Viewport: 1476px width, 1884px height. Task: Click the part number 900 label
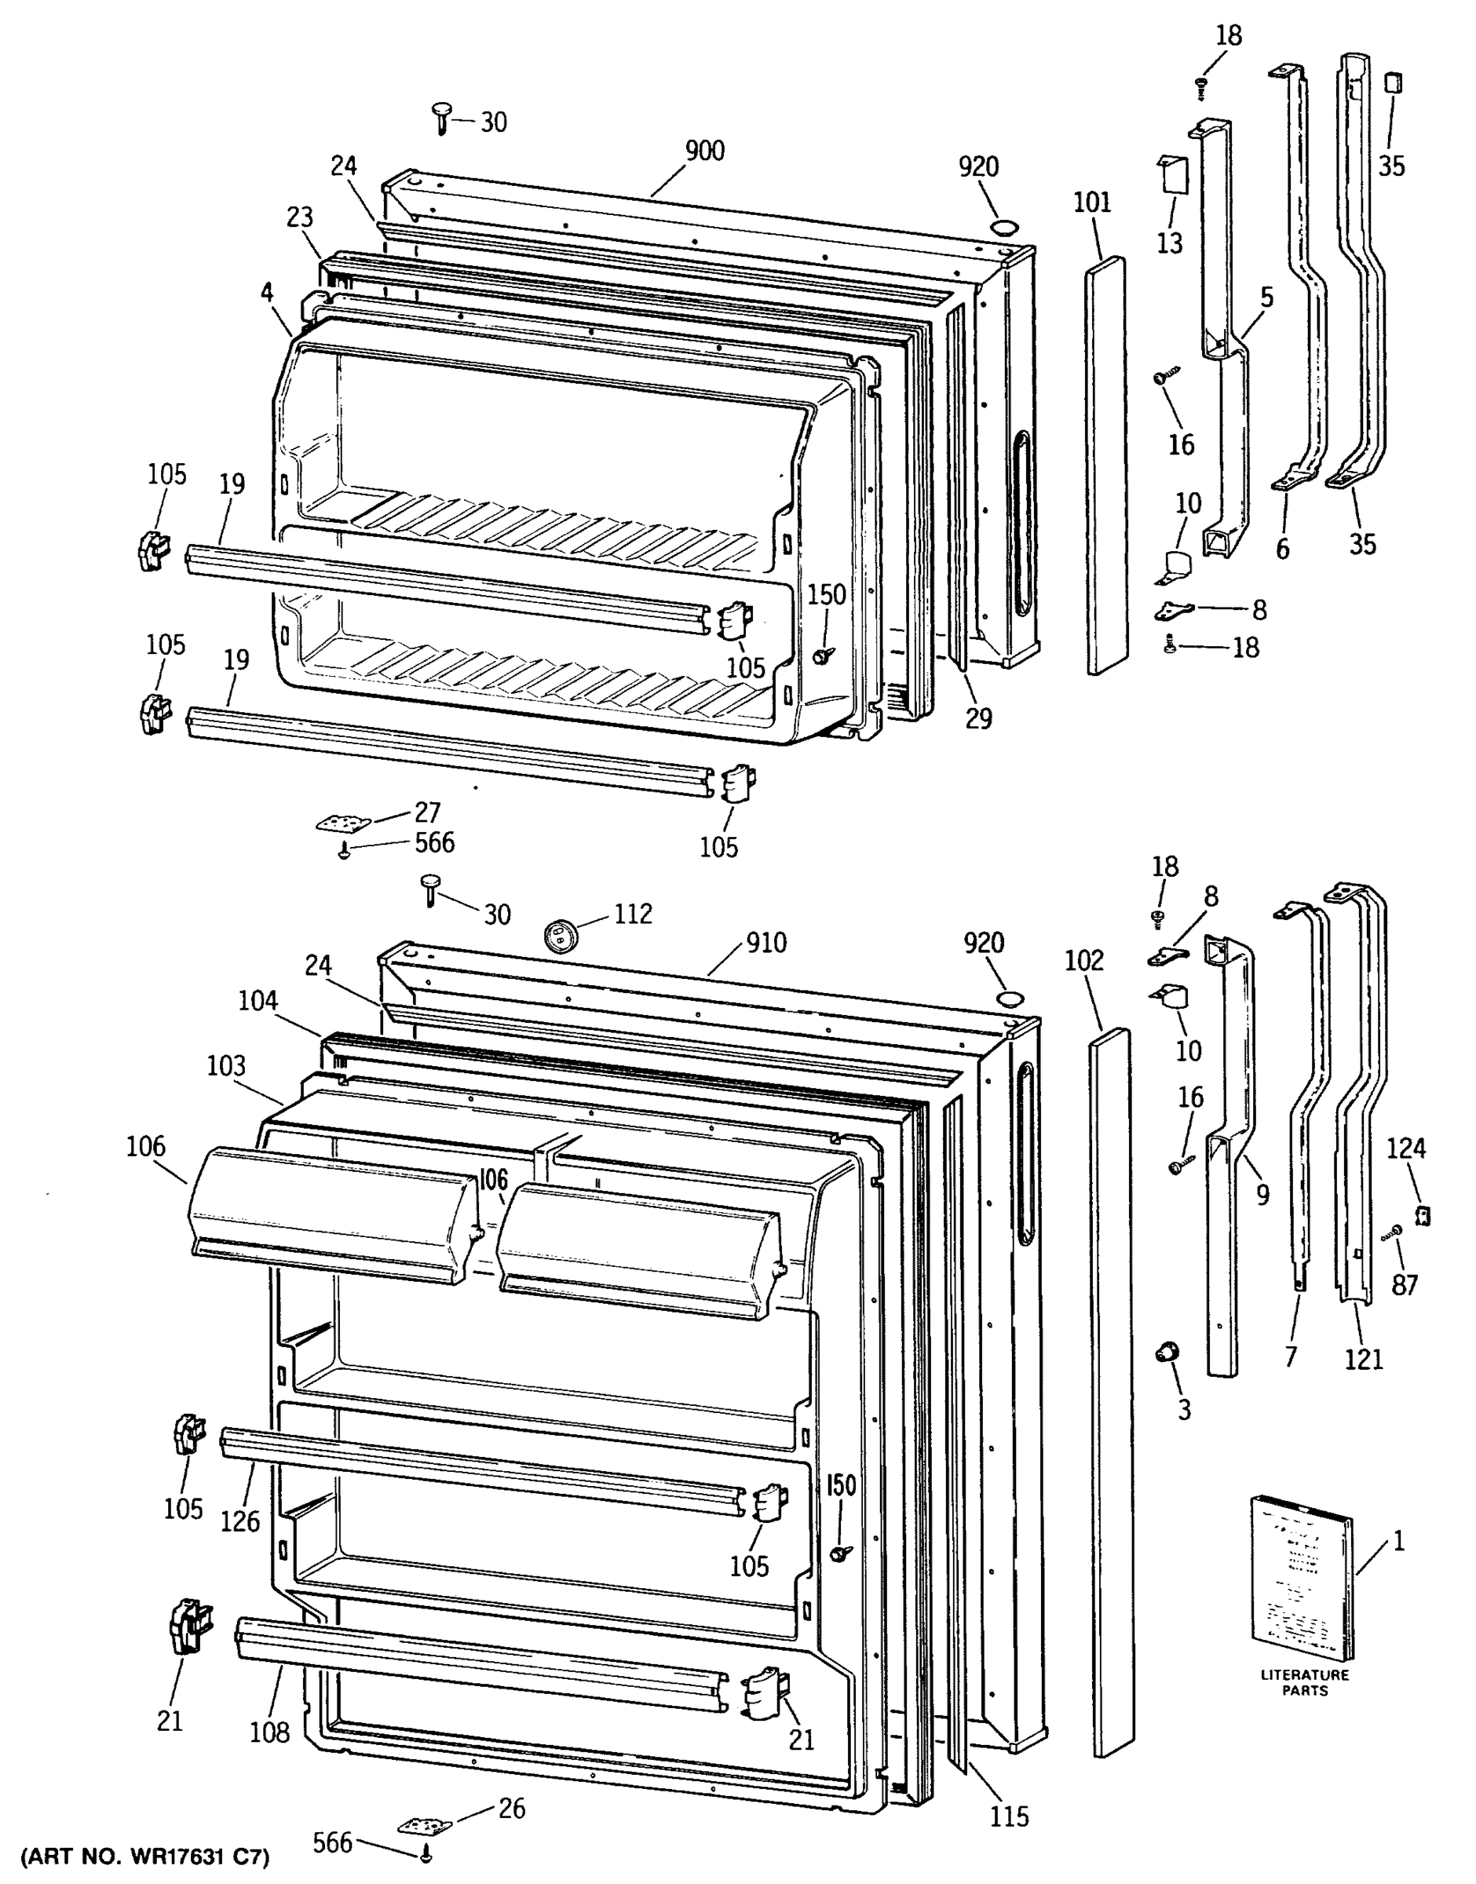704,152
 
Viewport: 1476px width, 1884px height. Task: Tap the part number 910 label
765,943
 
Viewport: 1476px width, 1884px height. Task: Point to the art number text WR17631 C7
145,1856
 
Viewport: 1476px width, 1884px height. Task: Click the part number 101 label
1092,203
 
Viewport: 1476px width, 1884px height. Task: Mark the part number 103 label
225,1065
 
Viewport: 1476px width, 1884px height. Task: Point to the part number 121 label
1364,1359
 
